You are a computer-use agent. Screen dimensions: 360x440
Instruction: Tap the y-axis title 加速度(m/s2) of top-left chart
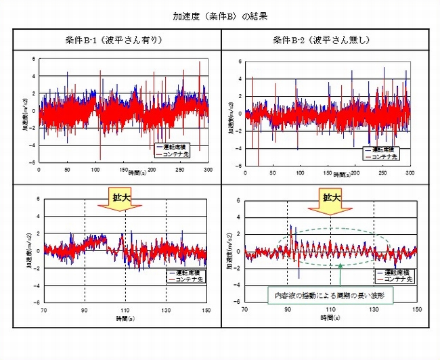24,112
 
